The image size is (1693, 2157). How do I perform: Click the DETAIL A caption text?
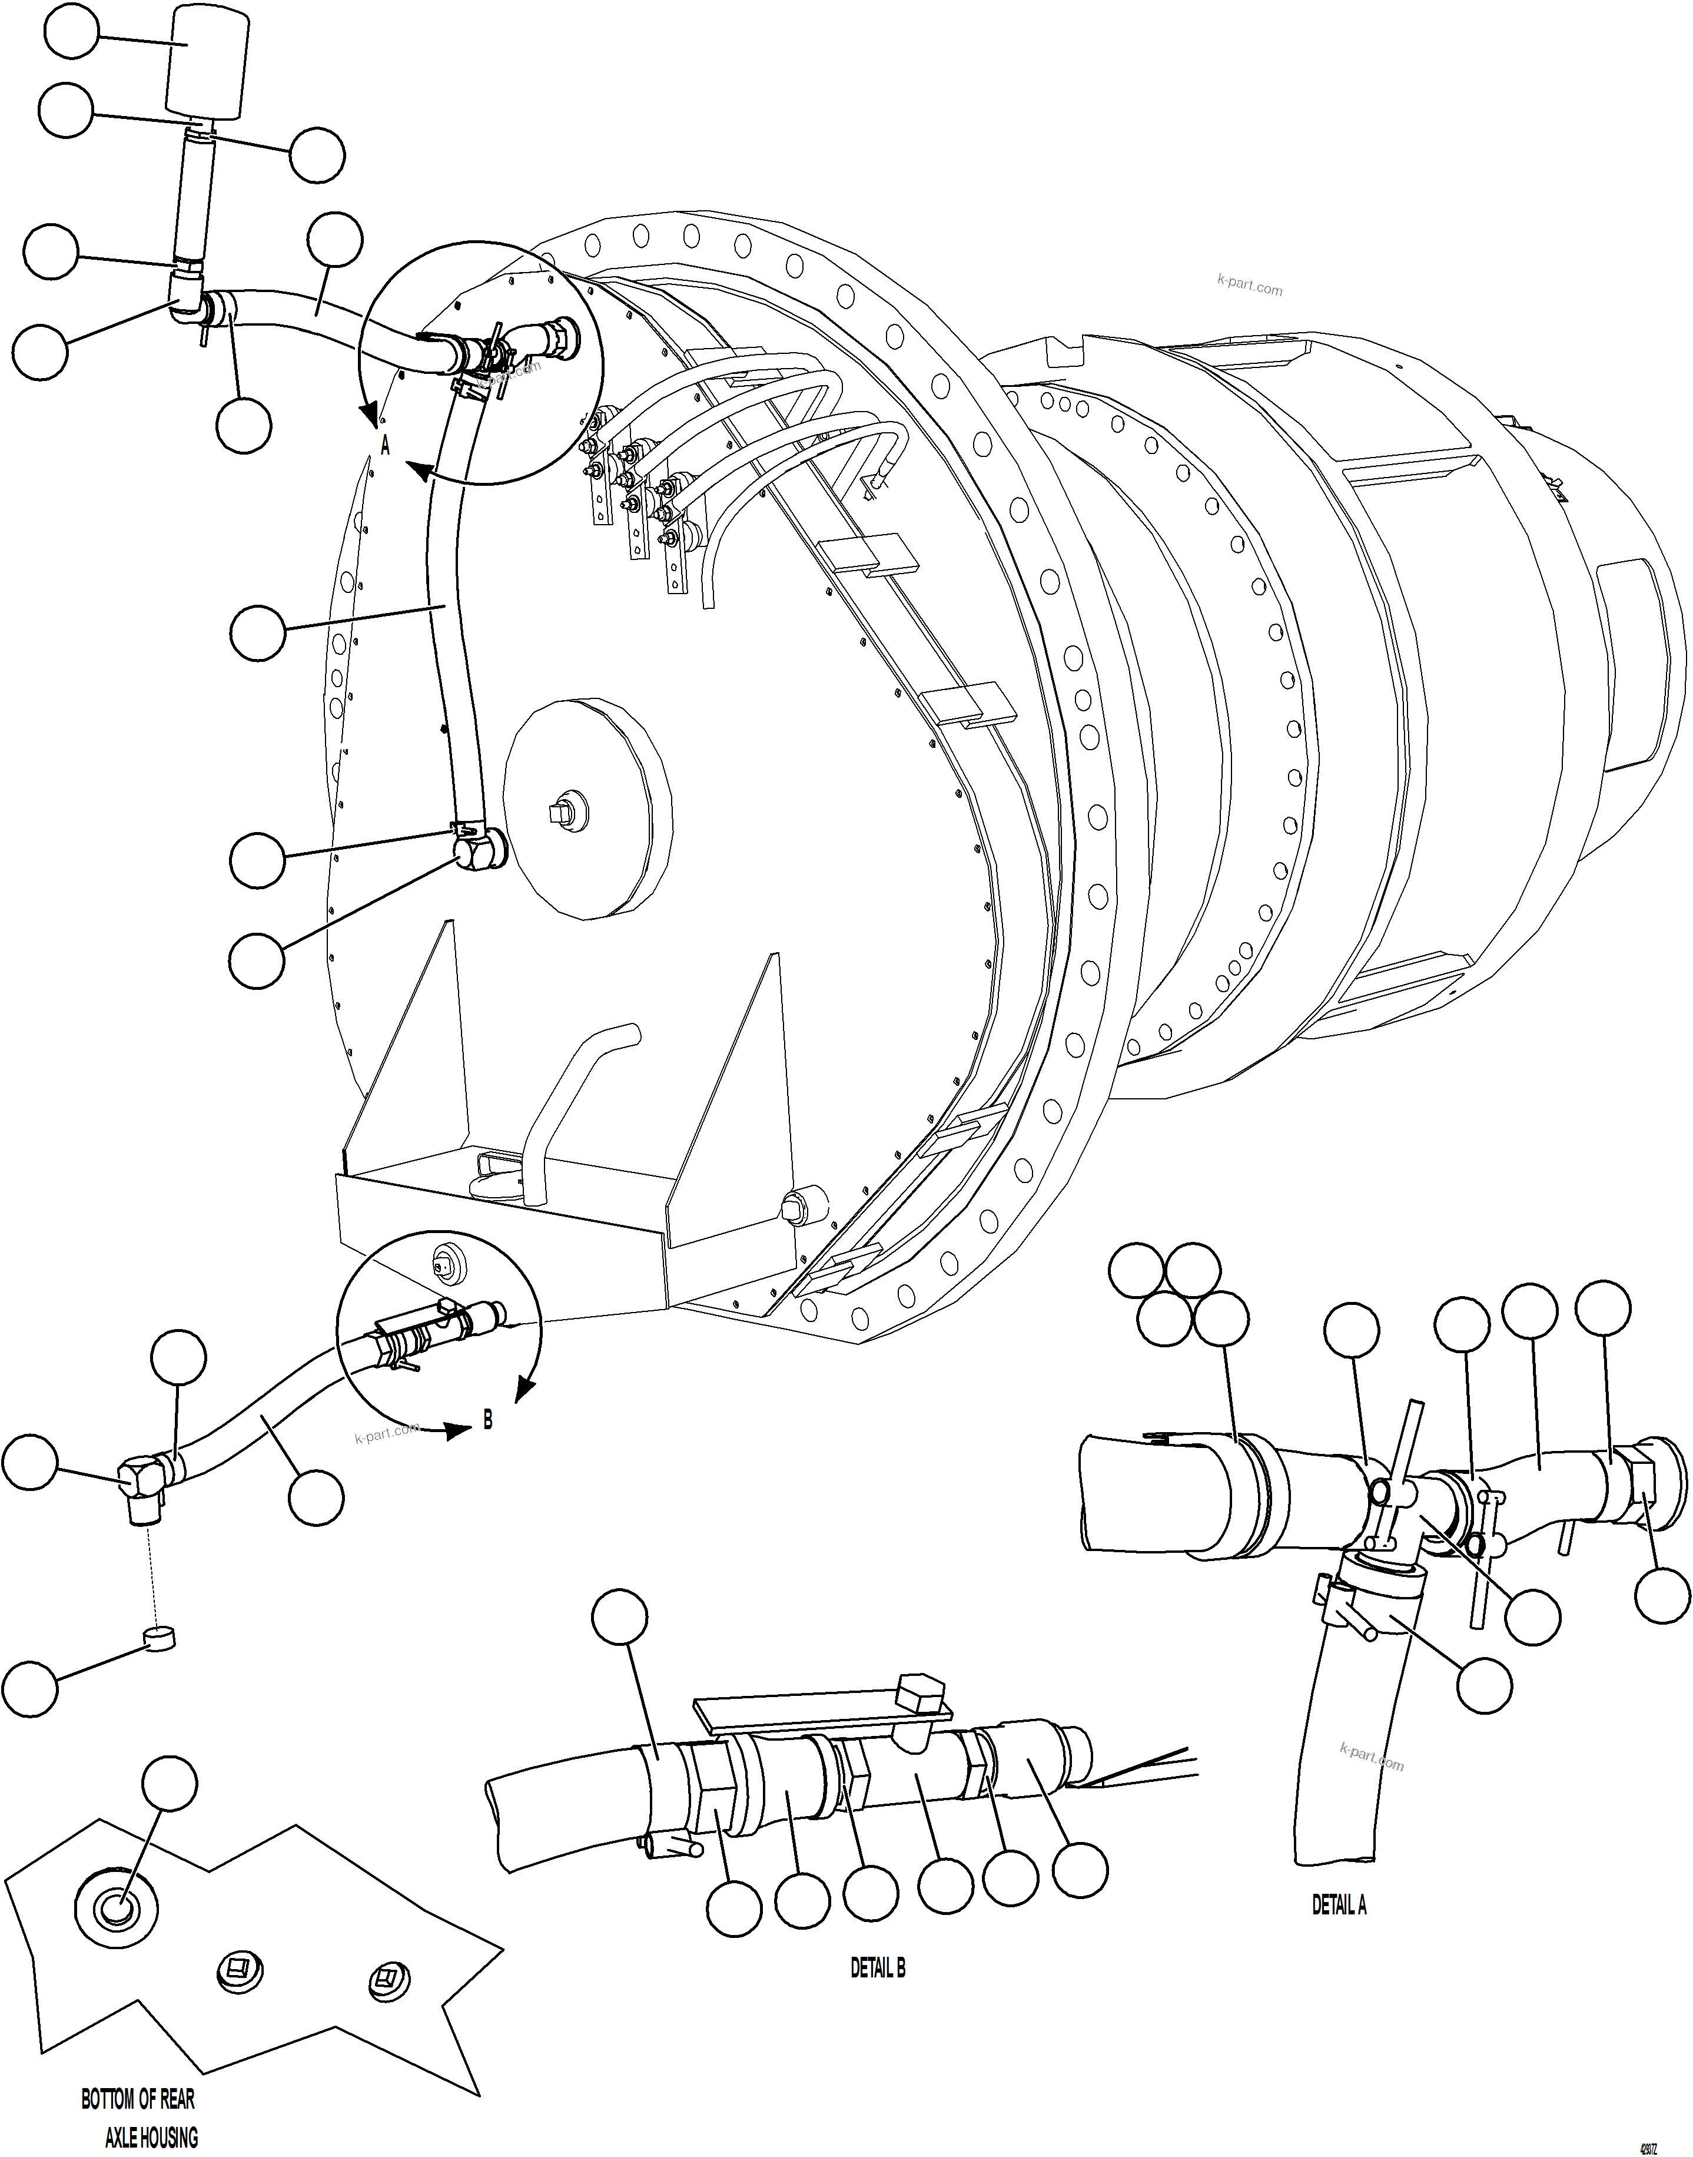1338,1904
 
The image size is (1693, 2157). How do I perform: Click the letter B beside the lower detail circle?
487,1420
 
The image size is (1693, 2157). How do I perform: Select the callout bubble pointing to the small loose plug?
30,1687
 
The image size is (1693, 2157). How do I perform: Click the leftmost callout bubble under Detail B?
735,1908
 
